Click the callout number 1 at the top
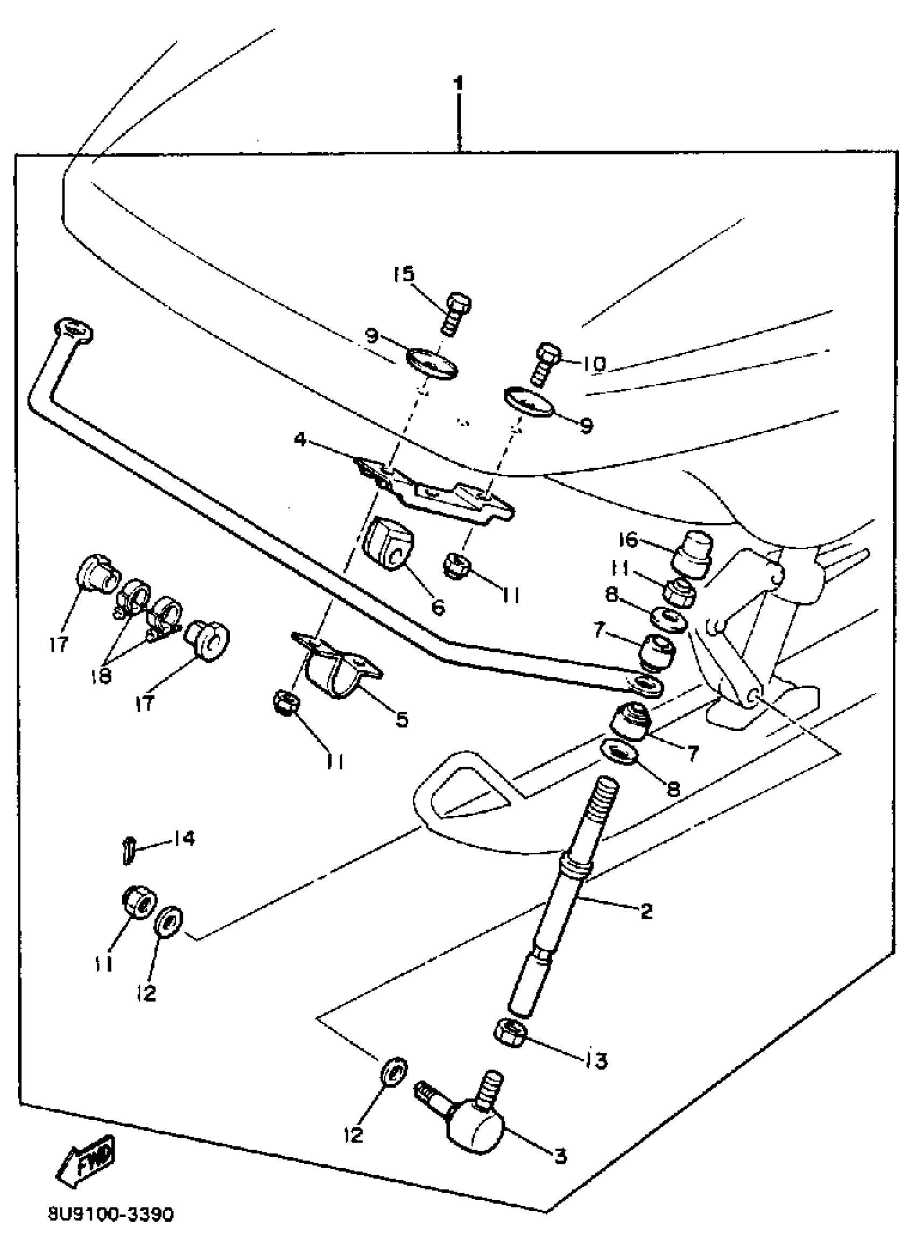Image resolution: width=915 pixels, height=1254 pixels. tap(458, 84)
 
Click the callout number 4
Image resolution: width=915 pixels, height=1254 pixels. tap(300, 440)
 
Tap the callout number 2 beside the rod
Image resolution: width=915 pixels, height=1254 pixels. tap(646, 910)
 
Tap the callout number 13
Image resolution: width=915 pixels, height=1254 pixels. tap(595, 1060)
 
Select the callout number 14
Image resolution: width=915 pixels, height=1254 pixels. tap(183, 838)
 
